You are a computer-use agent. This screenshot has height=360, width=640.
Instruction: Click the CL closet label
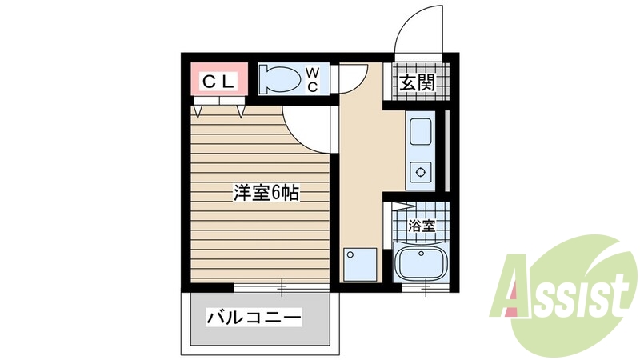tap(218, 81)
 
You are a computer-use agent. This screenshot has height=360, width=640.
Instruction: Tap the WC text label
tap(312, 80)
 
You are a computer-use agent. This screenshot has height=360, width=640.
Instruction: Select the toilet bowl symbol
tap(280, 80)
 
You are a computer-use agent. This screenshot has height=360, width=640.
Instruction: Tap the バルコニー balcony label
tap(254, 318)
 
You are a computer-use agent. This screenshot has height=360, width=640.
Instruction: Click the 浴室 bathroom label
tap(422, 226)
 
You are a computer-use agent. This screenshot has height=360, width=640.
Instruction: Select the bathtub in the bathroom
tap(422, 262)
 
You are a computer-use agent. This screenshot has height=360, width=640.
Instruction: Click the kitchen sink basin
tap(420, 129)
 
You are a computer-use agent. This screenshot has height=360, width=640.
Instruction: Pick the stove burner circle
tap(419, 170)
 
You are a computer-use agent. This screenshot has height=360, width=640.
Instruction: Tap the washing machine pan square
tap(359, 263)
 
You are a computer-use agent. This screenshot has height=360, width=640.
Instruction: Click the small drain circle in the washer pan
tap(350, 254)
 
